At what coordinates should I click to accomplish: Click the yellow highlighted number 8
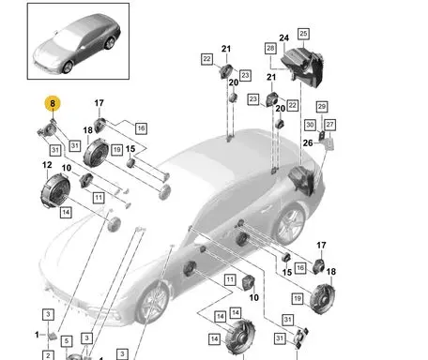53,103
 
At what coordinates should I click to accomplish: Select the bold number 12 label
47,165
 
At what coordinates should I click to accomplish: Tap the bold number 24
283,37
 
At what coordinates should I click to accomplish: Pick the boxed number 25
303,34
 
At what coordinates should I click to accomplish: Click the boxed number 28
270,49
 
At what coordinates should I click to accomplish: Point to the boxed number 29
322,107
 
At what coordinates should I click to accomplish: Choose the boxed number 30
310,125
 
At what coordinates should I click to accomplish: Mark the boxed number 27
329,125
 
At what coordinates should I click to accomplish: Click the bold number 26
308,142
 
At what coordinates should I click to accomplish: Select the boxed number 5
67,341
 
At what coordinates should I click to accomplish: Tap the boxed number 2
48,355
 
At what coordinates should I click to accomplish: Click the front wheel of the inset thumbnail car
68,67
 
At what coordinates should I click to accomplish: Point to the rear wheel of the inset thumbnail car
109,43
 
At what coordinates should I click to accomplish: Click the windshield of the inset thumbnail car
67,39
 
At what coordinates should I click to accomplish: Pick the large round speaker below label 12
55,190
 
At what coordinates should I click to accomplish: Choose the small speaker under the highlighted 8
48,130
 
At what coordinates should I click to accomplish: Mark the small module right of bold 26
329,143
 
